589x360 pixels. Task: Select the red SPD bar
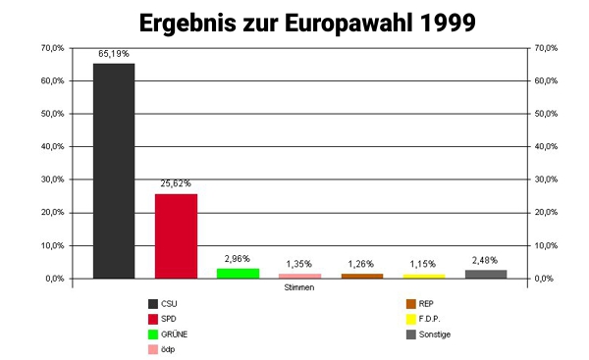(176, 235)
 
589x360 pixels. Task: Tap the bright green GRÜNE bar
(238, 273)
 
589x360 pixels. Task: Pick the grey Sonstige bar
(486, 274)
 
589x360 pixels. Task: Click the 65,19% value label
(114, 54)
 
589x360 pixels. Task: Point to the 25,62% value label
(176, 183)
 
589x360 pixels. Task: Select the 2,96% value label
(238, 258)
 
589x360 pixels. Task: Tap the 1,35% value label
(299, 264)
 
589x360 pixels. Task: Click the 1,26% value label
(362, 264)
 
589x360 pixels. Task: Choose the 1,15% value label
(424, 264)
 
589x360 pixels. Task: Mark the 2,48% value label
(486, 259)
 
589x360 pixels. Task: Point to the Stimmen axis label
(299, 288)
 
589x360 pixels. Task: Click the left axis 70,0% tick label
(52, 47)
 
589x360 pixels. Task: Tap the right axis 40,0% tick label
(546, 146)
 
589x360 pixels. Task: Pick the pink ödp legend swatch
(153, 349)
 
